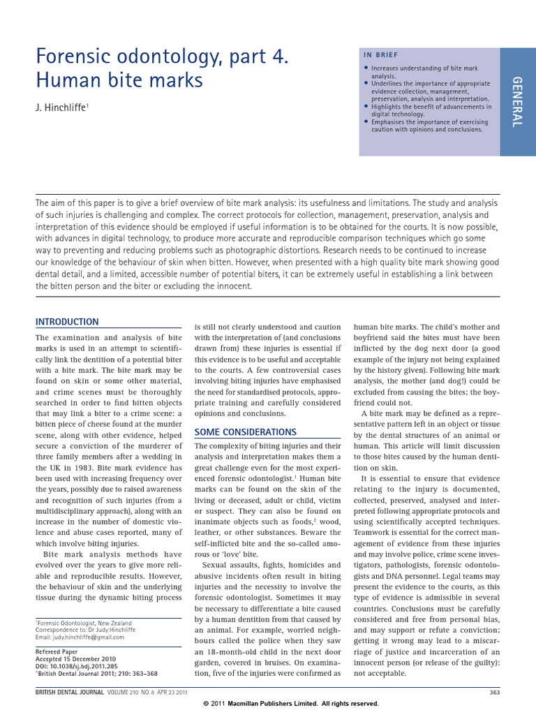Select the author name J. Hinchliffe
61,109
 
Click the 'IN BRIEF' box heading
381,54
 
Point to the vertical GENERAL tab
517,102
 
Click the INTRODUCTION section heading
67,322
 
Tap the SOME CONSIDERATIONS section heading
245,432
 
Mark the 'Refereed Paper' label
61,652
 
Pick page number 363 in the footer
495,692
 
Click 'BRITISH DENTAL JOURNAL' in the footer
68,692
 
